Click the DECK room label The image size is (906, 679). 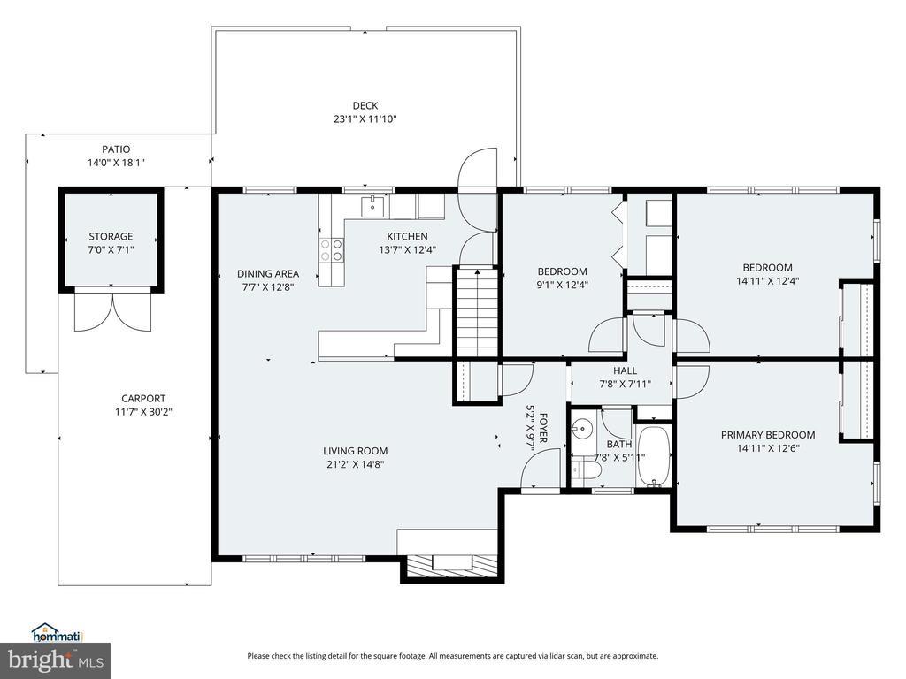[x=365, y=106]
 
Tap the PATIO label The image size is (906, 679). [x=116, y=149]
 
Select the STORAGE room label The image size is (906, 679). [x=111, y=236]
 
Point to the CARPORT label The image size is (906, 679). [x=143, y=399]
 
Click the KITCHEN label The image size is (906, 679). [x=407, y=236]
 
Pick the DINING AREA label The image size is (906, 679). [x=268, y=274]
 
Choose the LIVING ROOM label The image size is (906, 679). [x=356, y=451]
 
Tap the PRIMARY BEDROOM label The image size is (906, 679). [x=768, y=435]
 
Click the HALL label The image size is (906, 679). [x=626, y=370]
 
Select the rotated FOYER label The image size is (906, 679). [x=543, y=428]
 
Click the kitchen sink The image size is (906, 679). [x=373, y=205]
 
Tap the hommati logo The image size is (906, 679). [x=58, y=632]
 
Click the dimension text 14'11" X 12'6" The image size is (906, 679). [x=768, y=448]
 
